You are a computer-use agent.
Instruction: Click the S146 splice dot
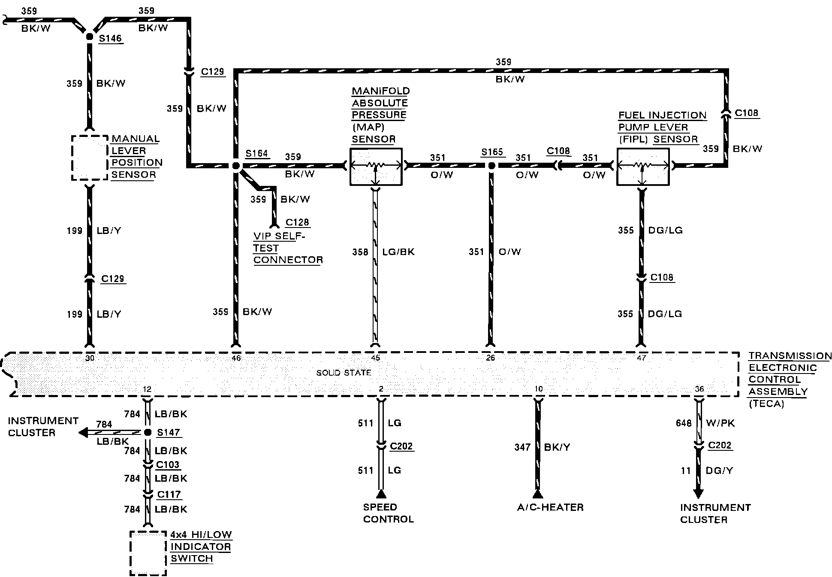(x=89, y=37)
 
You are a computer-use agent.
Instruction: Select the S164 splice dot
(x=235, y=166)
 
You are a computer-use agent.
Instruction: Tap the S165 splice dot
(x=491, y=166)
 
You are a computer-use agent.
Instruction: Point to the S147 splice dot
(x=148, y=432)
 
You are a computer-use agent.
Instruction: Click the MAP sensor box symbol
(x=376, y=167)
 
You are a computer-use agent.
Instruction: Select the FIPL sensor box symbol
(x=642, y=167)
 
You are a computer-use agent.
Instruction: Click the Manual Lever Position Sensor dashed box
(x=89, y=158)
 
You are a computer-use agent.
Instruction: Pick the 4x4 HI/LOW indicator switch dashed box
(x=148, y=553)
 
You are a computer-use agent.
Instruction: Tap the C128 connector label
(x=298, y=222)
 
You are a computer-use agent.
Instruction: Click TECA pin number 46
(x=236, y=358)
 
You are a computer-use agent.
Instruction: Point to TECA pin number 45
(x=375, y=358)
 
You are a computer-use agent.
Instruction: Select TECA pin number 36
(x=699, y=389)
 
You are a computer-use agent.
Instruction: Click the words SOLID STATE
(x=344, y=373)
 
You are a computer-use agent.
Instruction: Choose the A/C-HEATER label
(x=550, y=507)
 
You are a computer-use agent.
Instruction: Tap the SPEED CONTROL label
(x=388, y=513)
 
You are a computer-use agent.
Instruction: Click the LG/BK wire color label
(x=398, y=252)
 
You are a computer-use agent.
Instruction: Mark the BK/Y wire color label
(x=557, y=447)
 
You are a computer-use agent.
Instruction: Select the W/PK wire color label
(x=720, y=423)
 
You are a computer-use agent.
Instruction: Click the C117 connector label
(x=169, y=495)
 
